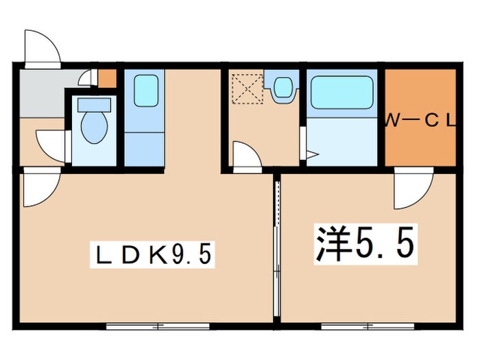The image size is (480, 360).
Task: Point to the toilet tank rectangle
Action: click(x=93, y=105)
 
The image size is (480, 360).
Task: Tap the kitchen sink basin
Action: click(x=145, y=91)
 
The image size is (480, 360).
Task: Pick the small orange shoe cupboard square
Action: click(x=107, y=78)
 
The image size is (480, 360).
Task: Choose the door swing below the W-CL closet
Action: click(x=413, y=189)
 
